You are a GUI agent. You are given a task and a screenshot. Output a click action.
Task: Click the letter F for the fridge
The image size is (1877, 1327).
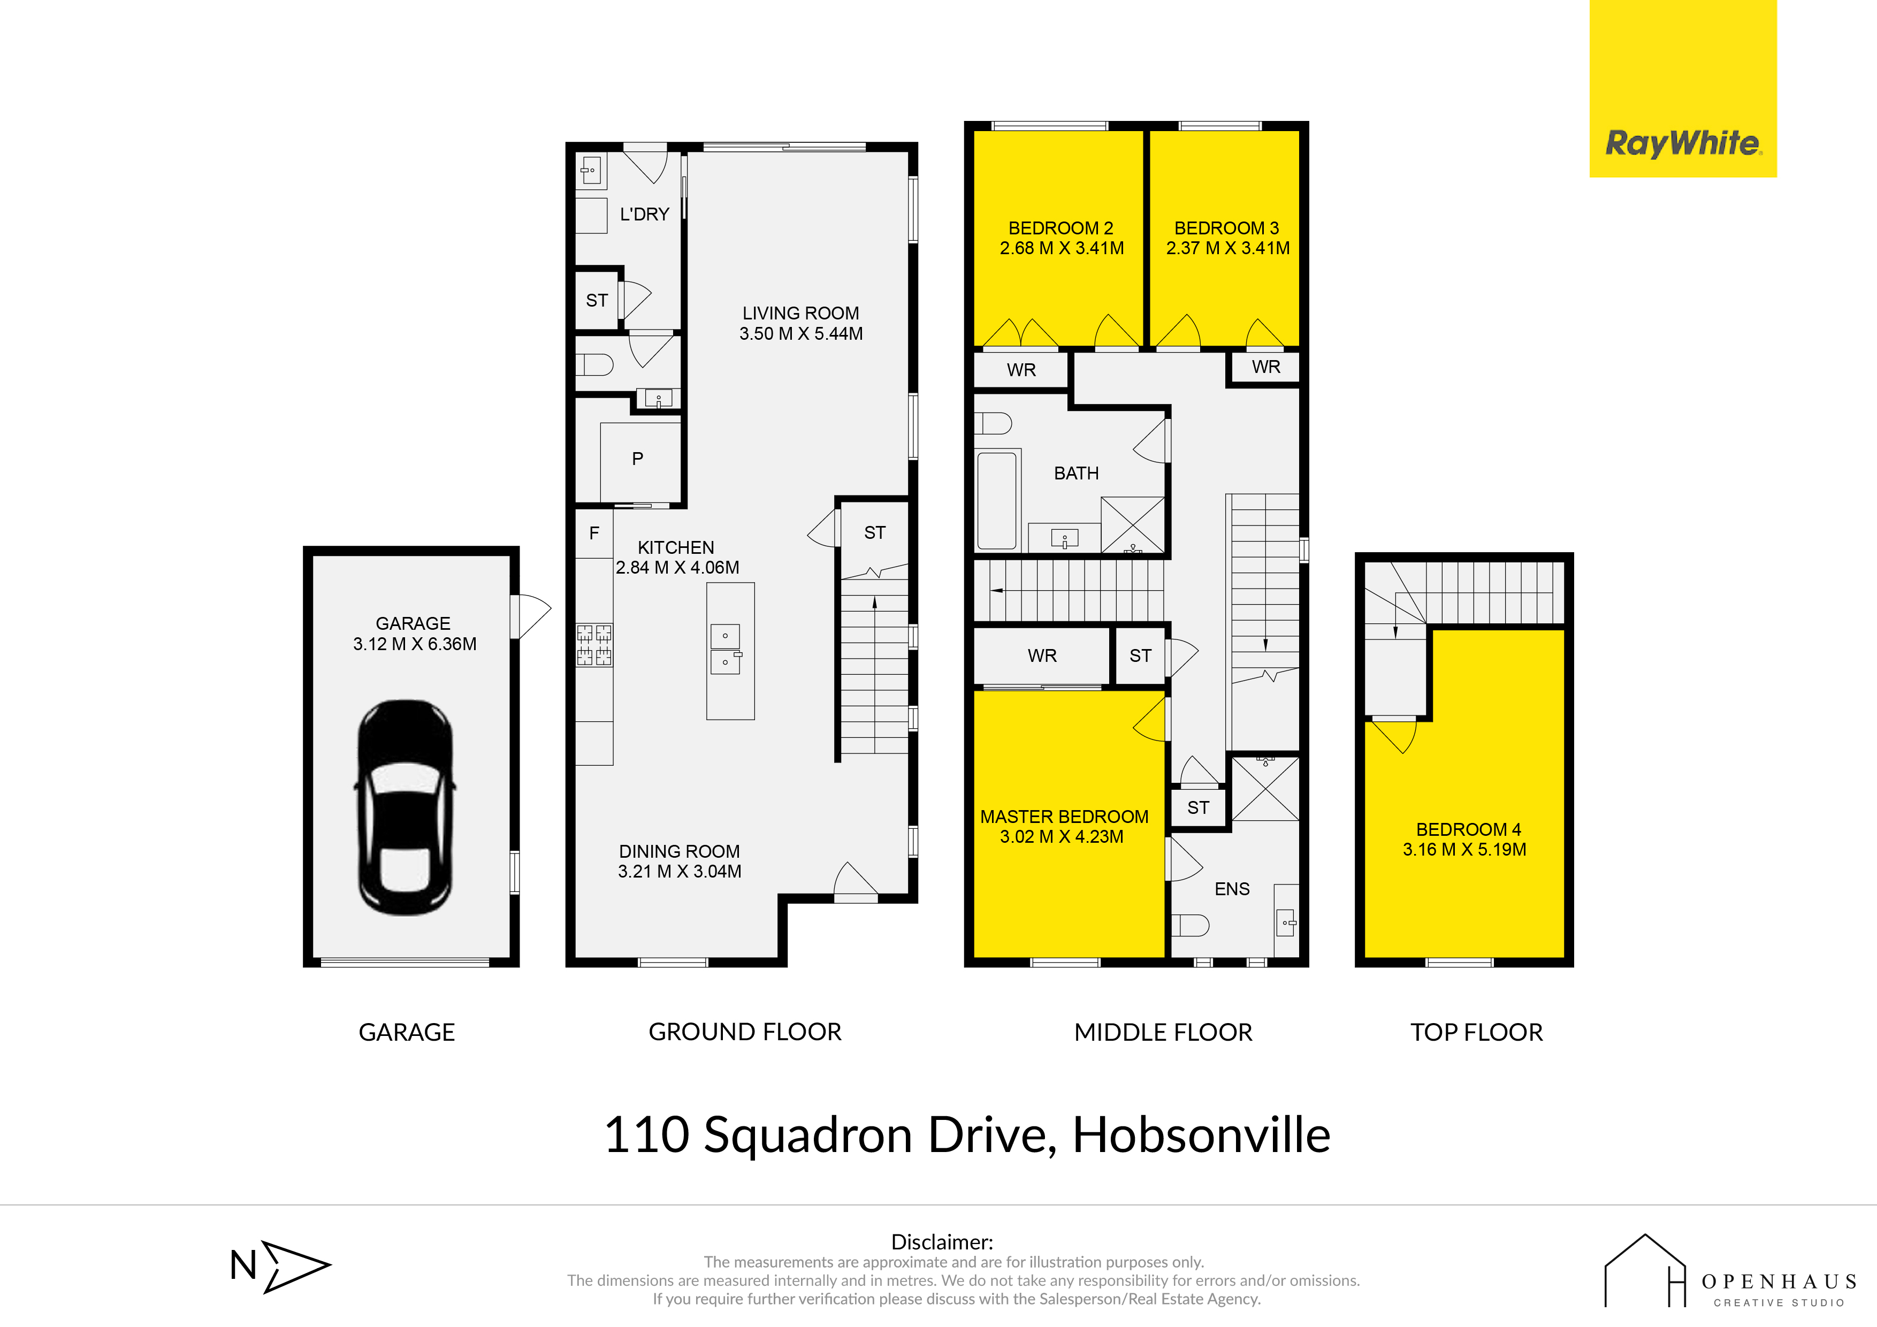pyautogui.click(x=594, y=532)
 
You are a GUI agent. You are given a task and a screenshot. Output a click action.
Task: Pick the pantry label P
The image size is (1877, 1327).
pyautogui.click(x=638, y=459)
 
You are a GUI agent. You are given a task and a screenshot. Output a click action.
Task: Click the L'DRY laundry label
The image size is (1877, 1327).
pyautogui.click(x=644, y=214)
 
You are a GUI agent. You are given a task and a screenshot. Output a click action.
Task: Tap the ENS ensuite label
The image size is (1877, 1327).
pyautogui.click(x=1232, y=889)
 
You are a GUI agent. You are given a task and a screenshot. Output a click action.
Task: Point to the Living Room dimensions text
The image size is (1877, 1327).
pyautogui.click(x=801, y=333)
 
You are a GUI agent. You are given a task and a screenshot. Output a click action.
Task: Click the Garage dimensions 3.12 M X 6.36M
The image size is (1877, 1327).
pyautogui.click(x=415, y=644)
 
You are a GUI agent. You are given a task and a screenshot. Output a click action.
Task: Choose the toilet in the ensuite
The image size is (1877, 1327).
pyautogui.click(x=1191, y=926)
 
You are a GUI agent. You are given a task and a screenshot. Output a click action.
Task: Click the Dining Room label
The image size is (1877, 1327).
pyautogui.click(x=680, y=851)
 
